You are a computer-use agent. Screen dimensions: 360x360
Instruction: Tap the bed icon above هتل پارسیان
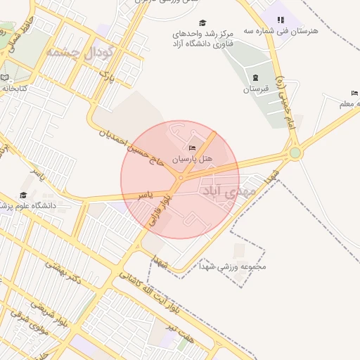tap(191, 148)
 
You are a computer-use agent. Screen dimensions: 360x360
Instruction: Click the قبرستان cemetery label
tap(255, 89)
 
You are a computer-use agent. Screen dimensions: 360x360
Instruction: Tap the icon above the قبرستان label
tap(255, 77)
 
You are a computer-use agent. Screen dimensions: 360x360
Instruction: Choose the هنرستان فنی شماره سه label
tap(290, 32)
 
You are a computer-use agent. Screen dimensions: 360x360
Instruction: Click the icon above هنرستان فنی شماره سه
tap(281, 20)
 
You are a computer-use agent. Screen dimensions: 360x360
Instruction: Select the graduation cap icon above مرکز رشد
tap(203, 22)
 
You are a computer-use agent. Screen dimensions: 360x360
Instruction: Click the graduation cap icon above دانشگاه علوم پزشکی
tap(23, 195)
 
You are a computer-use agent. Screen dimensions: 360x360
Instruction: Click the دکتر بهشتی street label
tap(64, 274)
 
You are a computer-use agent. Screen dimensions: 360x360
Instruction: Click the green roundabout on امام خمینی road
tap(295, 153)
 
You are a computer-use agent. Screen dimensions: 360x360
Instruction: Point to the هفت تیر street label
tap(194, 330)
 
